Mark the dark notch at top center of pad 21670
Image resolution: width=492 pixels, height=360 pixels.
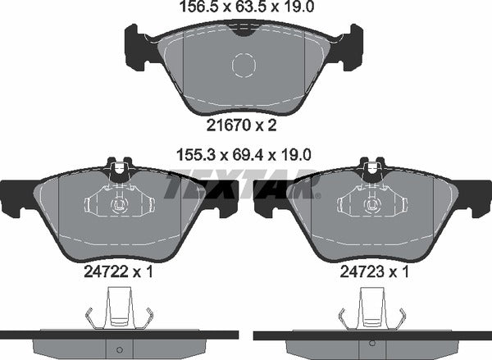(x=244, y=30)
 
